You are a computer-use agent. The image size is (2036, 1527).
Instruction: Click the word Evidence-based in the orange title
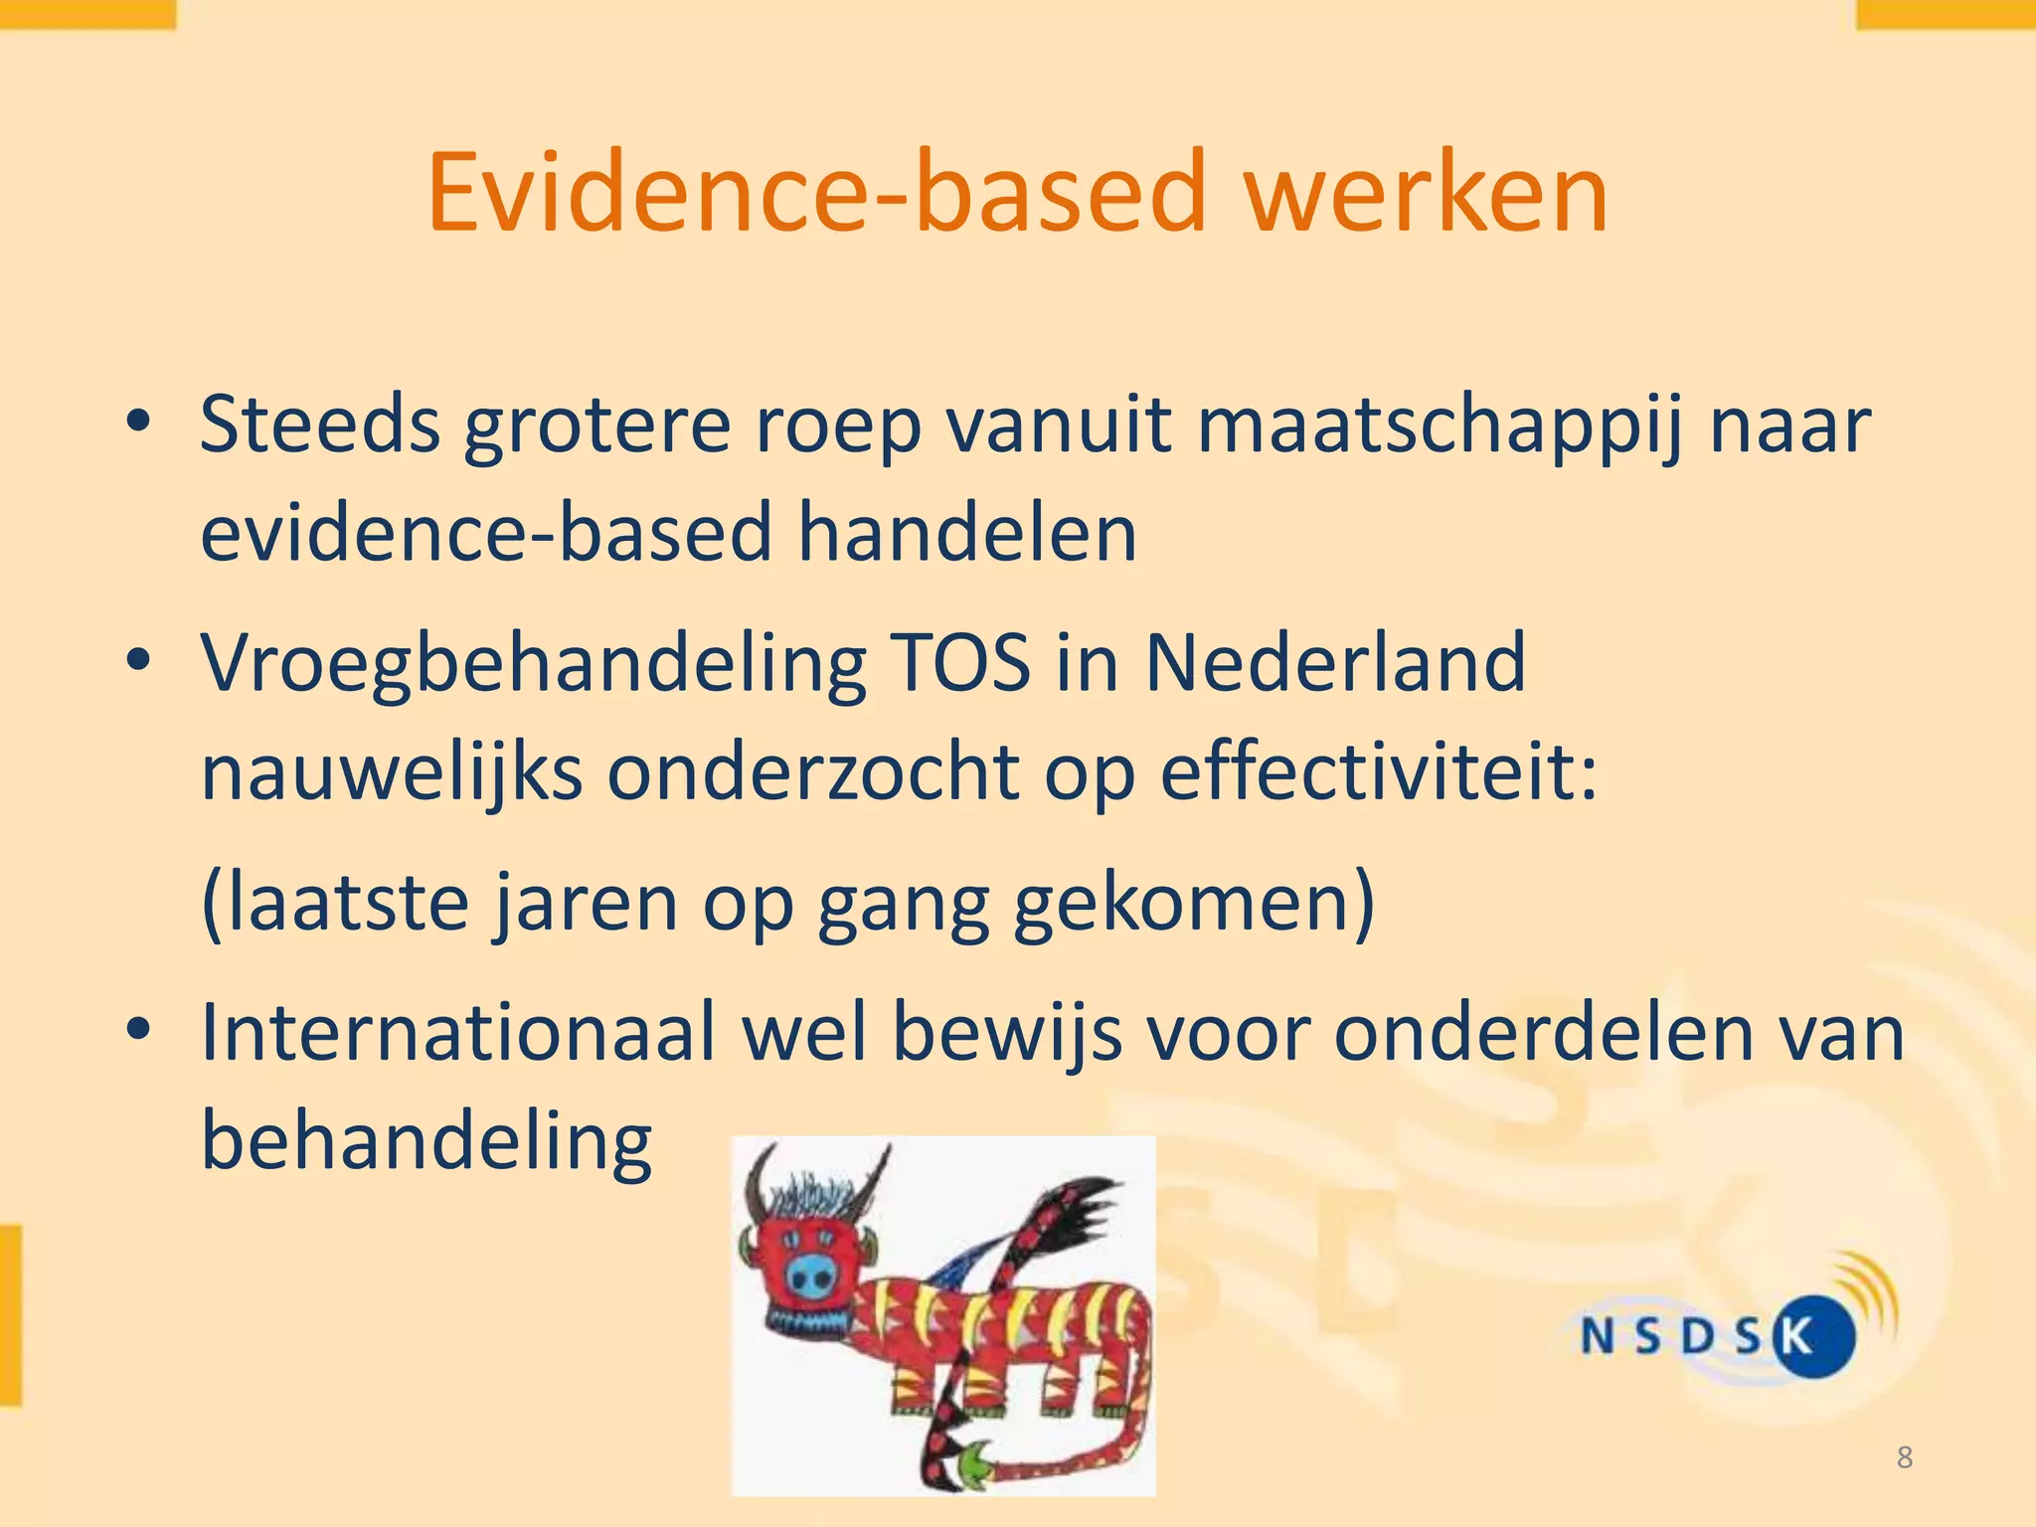tap(815, 194)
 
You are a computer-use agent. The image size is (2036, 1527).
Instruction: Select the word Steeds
tap(319, 425)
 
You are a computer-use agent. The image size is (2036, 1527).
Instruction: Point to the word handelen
tap(967, 534)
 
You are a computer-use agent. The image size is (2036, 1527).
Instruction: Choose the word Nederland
tap(1335, 663)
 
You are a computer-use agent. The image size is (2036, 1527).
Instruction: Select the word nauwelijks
tap(392, 775)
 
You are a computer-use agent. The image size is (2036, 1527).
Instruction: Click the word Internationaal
tap(458, 1032)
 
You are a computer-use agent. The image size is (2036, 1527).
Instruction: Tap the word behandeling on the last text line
tap(426, 1143)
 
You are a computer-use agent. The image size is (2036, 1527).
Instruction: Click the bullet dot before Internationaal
tap(138, 1029)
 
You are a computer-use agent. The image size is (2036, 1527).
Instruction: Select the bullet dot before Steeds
tap(138, 423)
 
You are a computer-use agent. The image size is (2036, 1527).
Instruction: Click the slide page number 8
tap(1904, 1457)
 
